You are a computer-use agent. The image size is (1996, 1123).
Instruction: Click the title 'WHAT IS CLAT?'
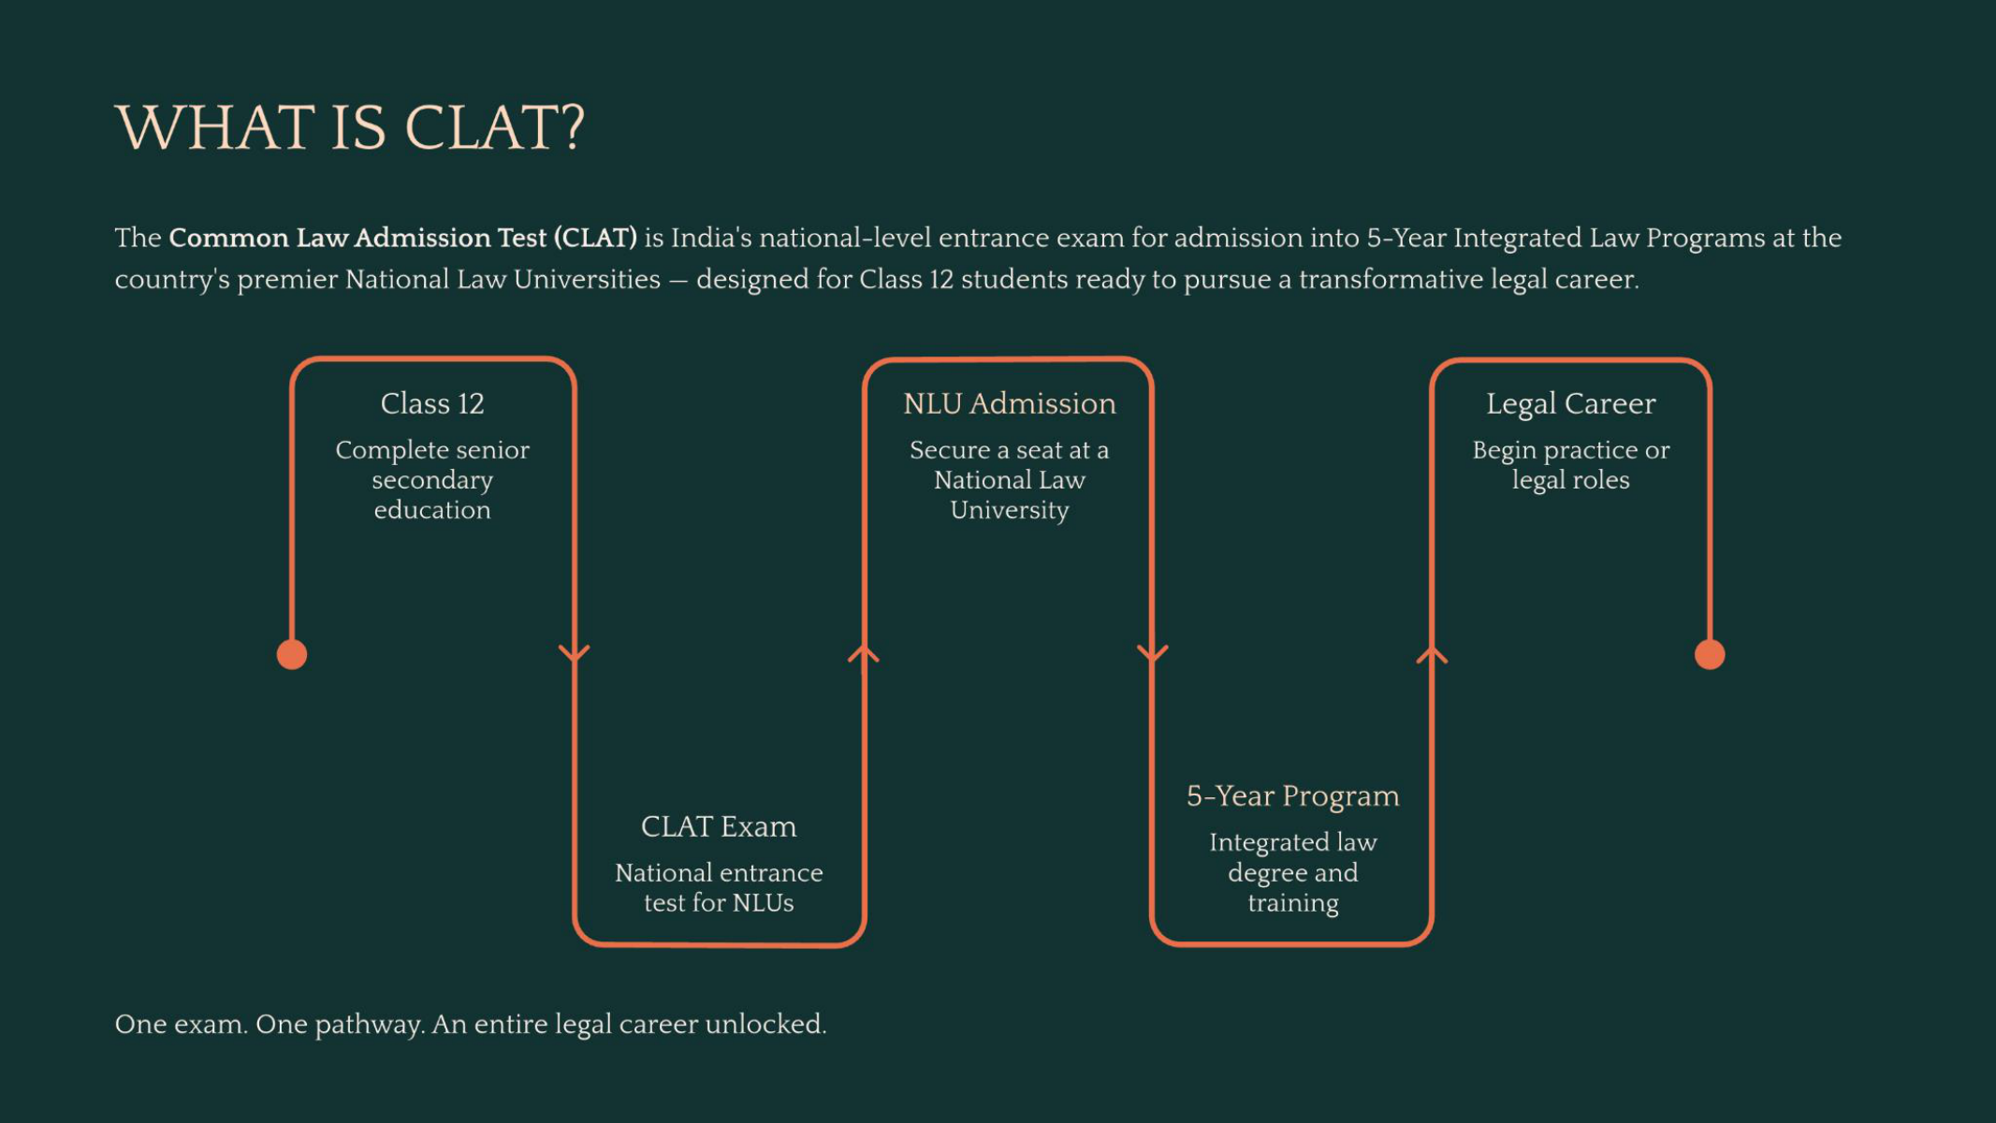coord(350,127)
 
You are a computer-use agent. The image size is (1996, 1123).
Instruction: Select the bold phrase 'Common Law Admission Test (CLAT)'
coord(402,238)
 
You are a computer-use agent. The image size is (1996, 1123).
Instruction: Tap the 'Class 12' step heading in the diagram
coord(432,403)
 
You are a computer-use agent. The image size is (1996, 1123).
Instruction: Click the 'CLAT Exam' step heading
coord(719,826)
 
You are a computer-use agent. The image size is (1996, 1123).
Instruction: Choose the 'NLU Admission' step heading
coord(1010,403)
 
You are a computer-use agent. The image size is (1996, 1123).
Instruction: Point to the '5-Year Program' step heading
coord(1293,795)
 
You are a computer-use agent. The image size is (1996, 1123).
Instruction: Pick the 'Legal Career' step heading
coord(1571,403)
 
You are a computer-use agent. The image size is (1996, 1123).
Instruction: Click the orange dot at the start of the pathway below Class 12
coord(292,654)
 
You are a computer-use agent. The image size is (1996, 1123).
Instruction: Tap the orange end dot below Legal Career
coord(1710,654)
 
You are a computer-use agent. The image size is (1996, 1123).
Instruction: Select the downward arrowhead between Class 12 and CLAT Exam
coord(575,653)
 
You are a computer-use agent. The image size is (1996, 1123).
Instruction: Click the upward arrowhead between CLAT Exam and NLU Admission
coord(864,653)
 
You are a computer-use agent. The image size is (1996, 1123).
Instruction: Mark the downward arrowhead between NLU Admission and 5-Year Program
coord(1152,653)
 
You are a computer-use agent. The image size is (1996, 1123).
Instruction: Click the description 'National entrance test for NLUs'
coord(719,887)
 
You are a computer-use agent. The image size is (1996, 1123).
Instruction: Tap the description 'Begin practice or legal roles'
coord(1571,465)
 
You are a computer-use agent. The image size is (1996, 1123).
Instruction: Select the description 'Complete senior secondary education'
coord(432,479)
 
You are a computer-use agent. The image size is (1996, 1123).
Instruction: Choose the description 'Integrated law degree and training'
coord(1293,872)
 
